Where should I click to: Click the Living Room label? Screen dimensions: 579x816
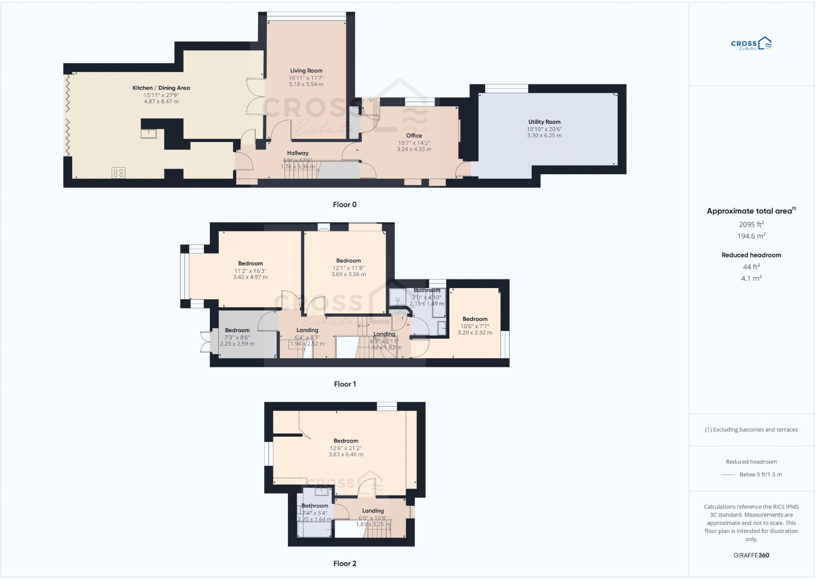[x=306, y=70]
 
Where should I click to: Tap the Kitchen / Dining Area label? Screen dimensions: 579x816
[x=161, y=88]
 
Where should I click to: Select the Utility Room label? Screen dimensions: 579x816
[x=544, y=122]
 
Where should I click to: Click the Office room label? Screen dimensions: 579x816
[x=414, y=136]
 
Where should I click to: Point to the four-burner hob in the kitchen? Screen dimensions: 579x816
[x=118, y=173]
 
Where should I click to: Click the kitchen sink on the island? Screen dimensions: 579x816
[x=148, y=133]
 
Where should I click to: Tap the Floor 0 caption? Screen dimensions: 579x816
[x=345, y=205]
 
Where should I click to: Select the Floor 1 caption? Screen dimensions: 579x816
[x=345, y=384]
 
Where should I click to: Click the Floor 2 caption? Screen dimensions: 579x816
[x=345, y=563]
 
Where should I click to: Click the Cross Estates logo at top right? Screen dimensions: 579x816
[x=751, y=44]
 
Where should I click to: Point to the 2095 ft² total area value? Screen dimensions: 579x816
[x=751, y=224]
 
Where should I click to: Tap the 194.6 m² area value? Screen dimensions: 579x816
[x=751, y=236]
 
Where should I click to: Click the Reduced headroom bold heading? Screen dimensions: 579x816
[x=751, y=255]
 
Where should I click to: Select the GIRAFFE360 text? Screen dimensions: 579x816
[x=751, y=555]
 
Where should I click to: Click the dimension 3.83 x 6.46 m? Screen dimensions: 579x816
[x=345, y=454]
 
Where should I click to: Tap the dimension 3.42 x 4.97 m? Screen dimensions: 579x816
[x=250, y=277]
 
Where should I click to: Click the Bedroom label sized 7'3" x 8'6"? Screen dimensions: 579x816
[x=237, y=330]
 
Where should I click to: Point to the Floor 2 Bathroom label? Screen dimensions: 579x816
[x=314, y=506]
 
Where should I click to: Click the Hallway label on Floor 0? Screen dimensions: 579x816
[x=298, y=153]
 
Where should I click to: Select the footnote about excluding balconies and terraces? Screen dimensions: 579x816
[x=751, y=430]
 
